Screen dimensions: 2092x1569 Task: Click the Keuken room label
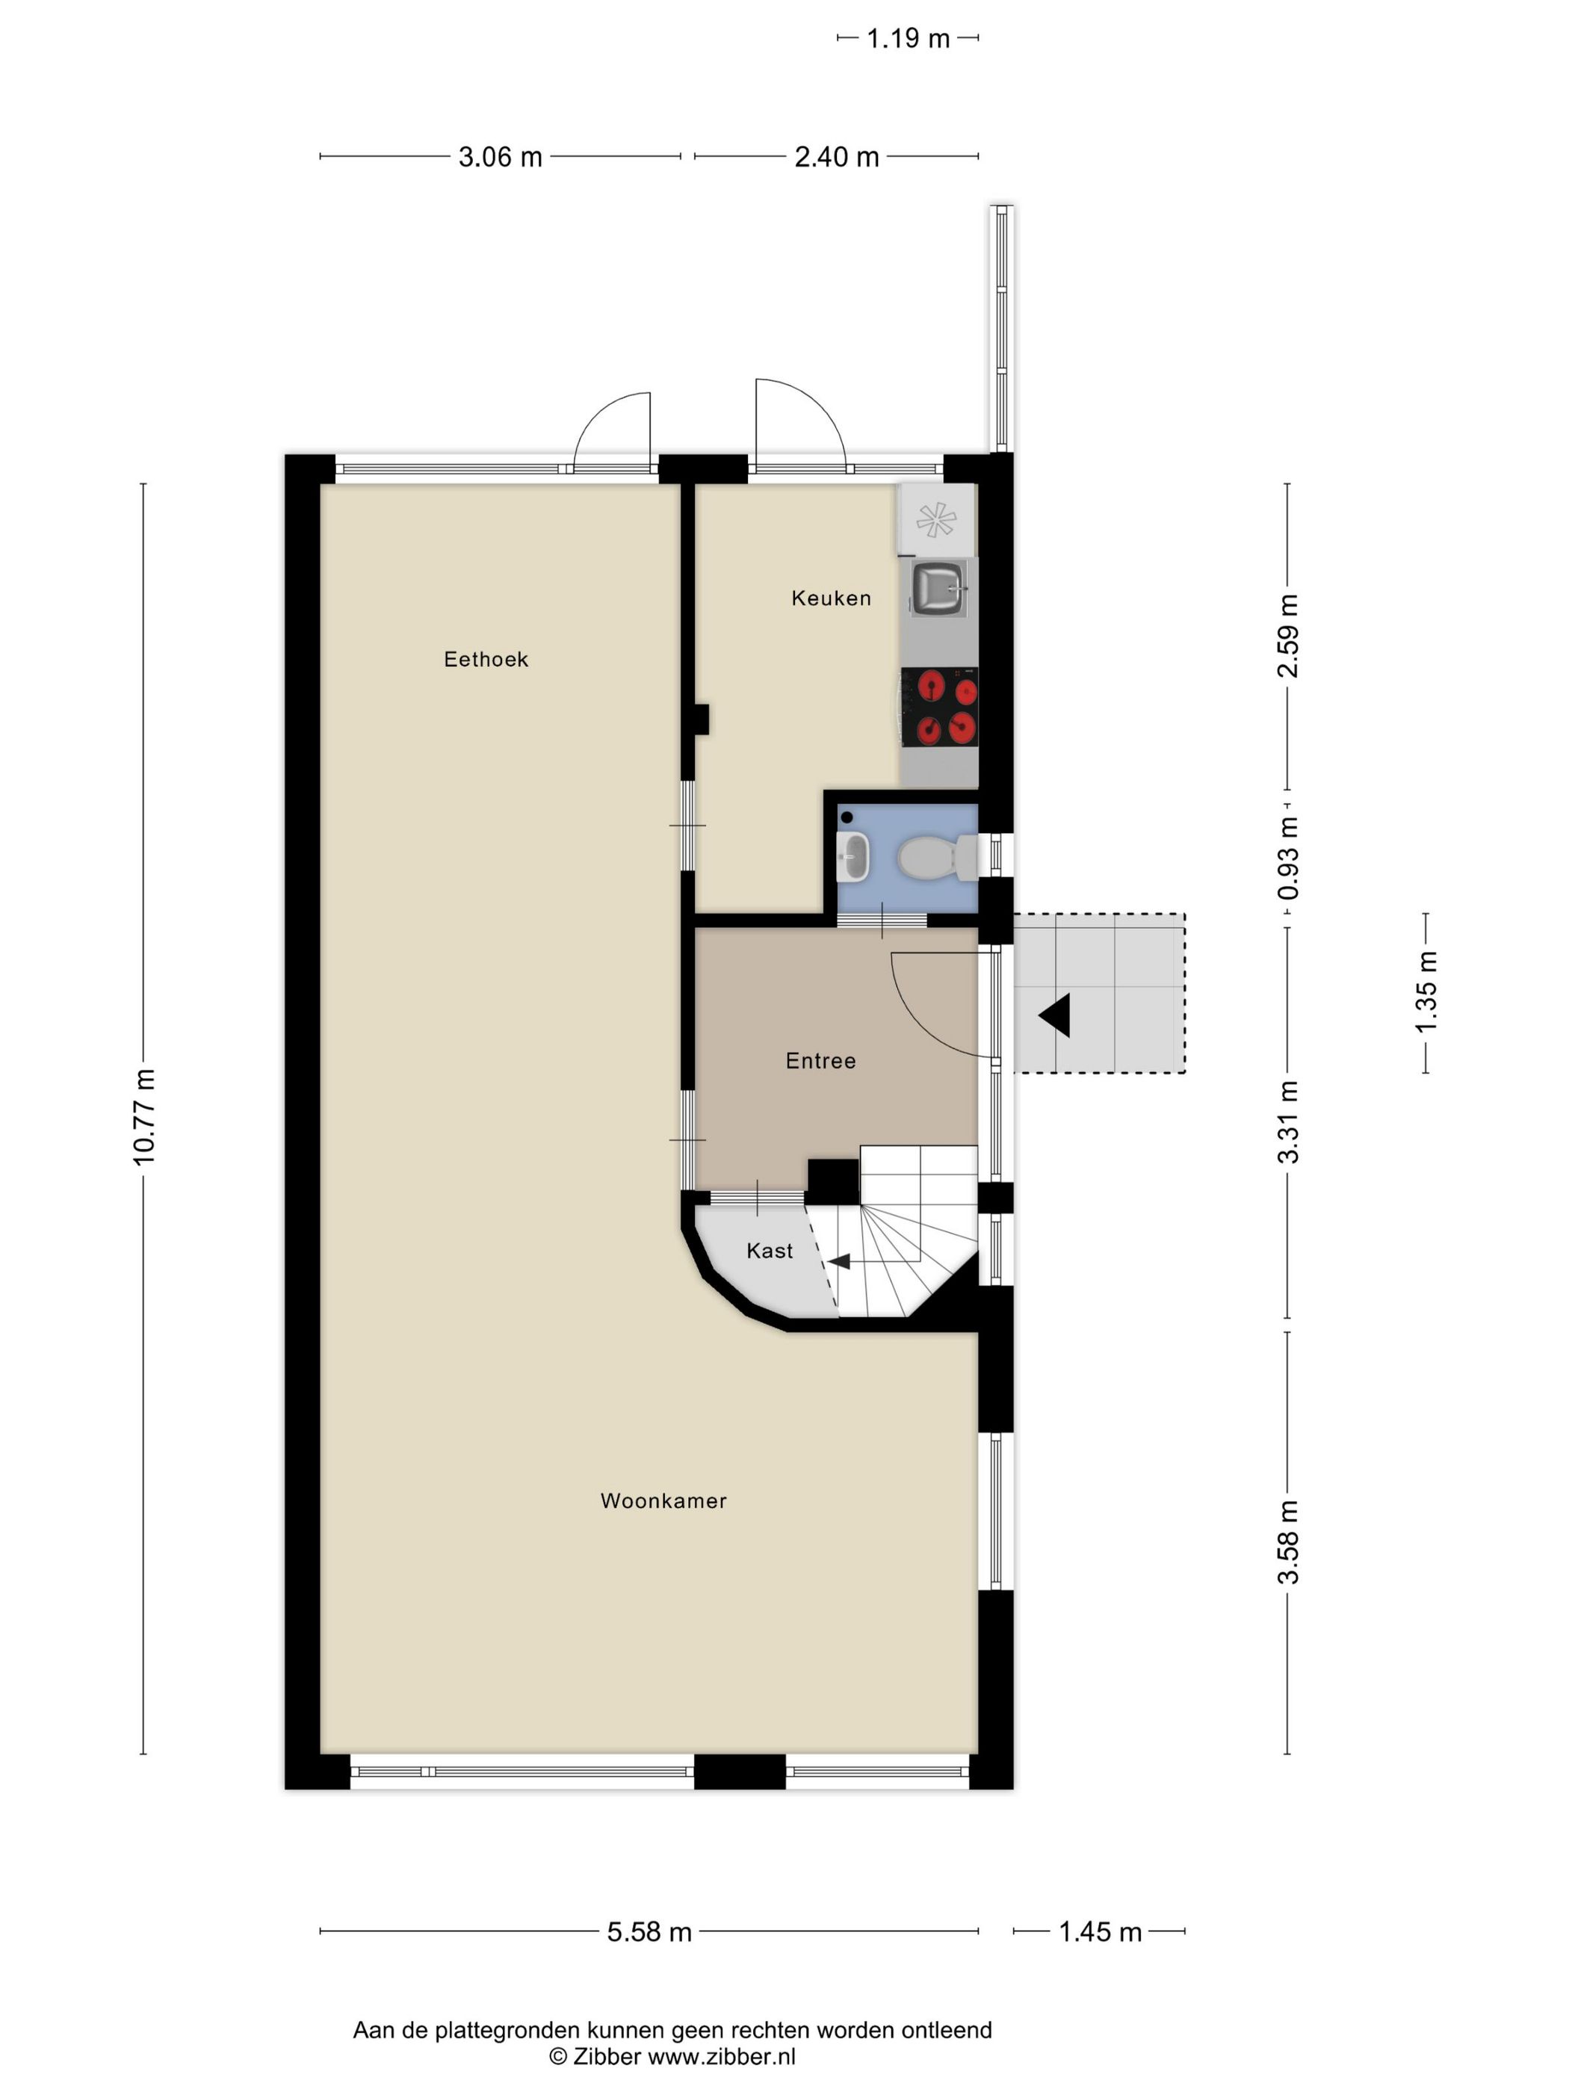click(830, 598)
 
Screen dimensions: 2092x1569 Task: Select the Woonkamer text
click(663, 1501)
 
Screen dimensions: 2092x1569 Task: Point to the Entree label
click(820, 1061)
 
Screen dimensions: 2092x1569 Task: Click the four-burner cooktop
click(938, 707)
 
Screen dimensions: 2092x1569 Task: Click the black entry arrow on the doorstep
click(1056, 1015)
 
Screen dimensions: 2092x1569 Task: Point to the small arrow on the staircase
click(839, 1260)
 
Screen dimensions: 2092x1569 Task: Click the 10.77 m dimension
click(143, 1117)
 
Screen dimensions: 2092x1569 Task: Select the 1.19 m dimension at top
click(907, 39)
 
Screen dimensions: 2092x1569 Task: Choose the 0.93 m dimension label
click(1288, 858)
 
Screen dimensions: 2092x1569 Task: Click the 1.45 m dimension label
click(1099, 1932)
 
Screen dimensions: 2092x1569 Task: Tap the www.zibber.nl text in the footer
click(721, 2057)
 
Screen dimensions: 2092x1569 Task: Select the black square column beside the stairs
click(832, 1182)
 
